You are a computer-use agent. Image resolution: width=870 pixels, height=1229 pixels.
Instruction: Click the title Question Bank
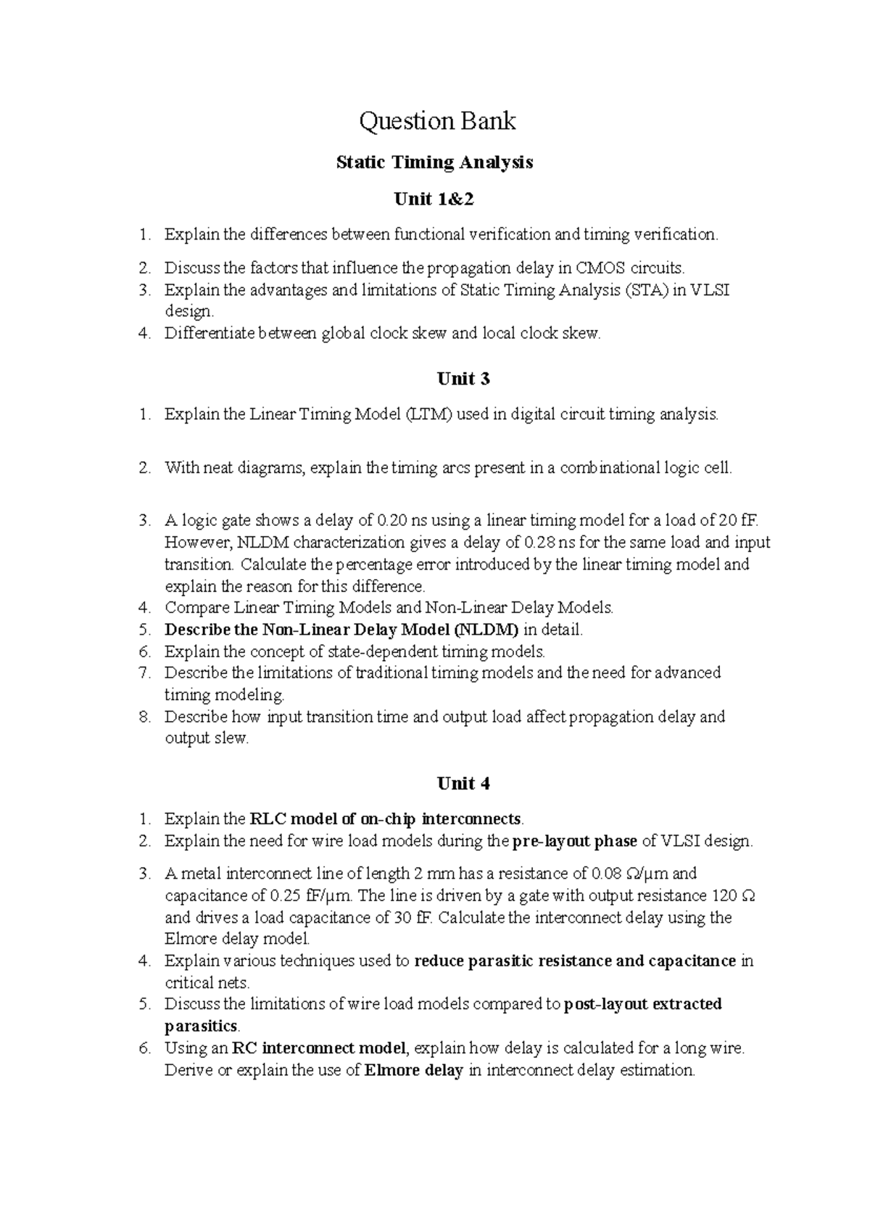pos(437,120)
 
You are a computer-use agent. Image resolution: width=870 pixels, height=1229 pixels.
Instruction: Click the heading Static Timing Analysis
pos(434,162)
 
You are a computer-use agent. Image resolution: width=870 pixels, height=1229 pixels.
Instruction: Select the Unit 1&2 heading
pos(434,199)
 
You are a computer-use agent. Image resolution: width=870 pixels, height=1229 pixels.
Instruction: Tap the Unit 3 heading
pos(463,379)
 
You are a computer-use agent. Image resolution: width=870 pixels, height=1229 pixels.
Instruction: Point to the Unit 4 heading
pos(463,784)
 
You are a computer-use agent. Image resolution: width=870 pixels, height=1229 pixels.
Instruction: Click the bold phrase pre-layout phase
pos(575,842)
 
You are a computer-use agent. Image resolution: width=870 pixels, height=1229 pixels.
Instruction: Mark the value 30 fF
pos(413,918)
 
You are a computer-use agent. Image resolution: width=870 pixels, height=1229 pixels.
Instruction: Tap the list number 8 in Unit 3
pos(145,717)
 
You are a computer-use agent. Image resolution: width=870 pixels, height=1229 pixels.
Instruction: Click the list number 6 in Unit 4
pos(145,1048)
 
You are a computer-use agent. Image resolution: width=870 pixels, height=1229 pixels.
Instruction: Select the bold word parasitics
pos(201,1027)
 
